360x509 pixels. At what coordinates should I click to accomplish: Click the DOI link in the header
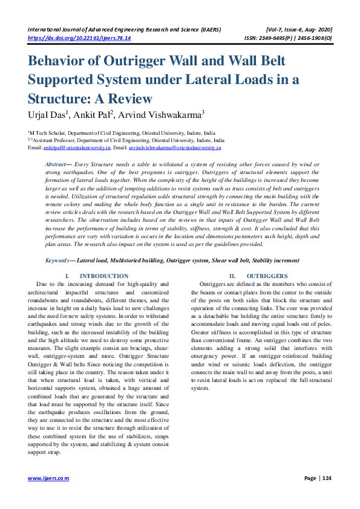79,37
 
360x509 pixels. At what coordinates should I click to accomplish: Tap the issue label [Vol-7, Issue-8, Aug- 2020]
299,29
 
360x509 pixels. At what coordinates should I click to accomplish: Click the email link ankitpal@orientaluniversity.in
76,147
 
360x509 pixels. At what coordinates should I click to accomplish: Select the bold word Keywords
59,260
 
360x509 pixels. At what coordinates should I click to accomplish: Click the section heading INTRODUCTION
104,276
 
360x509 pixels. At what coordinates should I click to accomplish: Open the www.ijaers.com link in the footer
48,478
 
